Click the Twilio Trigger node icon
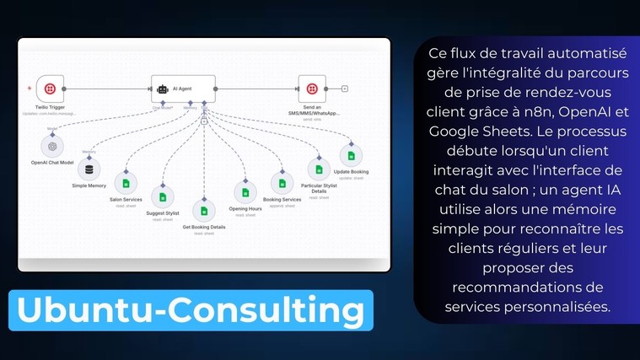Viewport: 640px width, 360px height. [51, 89]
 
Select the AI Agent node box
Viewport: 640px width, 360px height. [184, 88]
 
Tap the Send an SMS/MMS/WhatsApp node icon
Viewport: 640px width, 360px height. [312, 89]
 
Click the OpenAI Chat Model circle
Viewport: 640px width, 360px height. [52, 145]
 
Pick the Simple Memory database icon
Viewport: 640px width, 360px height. [89, 169]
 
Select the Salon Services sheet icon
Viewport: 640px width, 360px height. [126, 183]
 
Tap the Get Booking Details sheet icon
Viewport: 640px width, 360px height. [203, 211]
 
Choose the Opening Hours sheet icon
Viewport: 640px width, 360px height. [245, 192]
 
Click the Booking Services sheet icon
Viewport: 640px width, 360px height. [282, 182]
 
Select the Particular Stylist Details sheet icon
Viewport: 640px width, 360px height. [317, 168]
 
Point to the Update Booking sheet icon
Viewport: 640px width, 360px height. [351, 155]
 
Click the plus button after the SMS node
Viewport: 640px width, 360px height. [345, 89]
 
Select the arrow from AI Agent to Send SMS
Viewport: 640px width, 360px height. [257, 89]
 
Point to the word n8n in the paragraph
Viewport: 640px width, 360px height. [546, 111]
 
